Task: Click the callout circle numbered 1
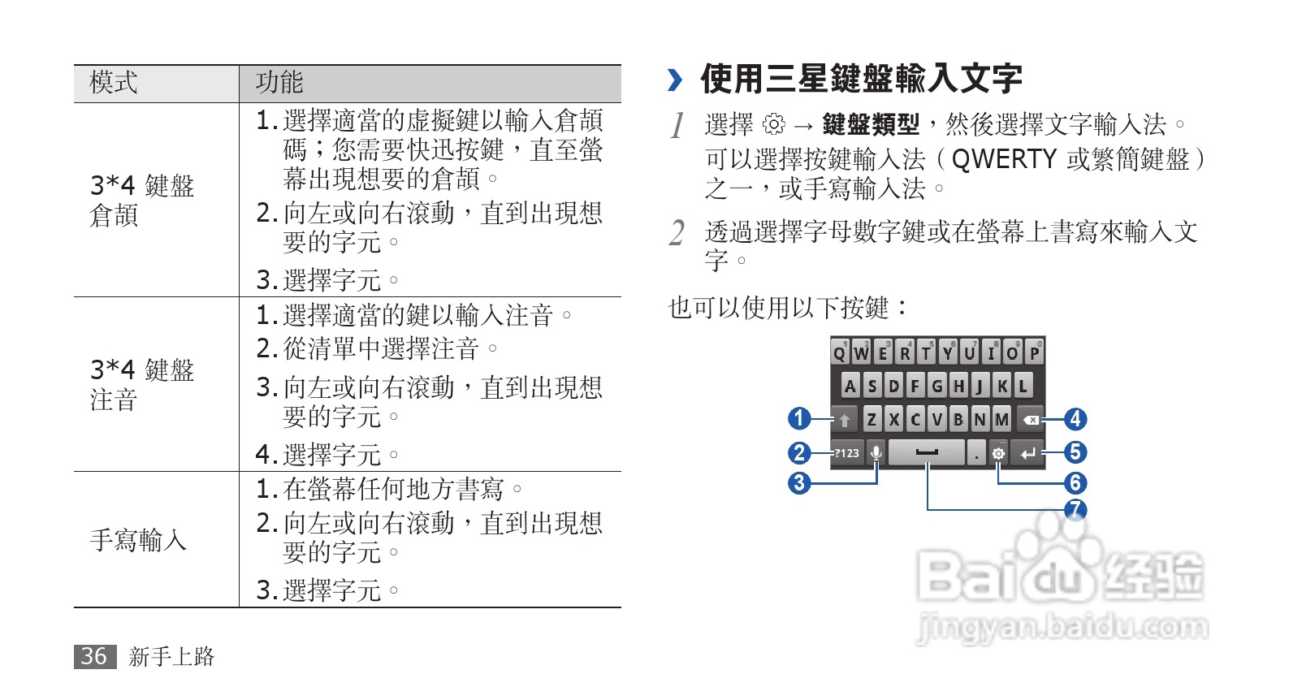(799, 418)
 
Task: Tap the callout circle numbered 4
(1075, 419)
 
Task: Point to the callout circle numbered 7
(1075, 510)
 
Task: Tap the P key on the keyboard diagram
(1034, 353)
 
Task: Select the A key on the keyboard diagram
(850, 386)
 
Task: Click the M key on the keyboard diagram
(1001, 419)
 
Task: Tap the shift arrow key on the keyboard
(845, 420)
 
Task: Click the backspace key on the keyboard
(1031, 420)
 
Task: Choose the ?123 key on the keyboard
(847, 453)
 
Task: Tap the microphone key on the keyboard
(876, 452)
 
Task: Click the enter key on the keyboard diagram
(1028, 453)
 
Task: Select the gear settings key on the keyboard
(998, 453)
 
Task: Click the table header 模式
(114, 83)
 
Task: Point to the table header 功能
(279, 83)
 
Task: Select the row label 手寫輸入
(138, 540)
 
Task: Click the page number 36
(94, 656)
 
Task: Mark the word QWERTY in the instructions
(1004, 159)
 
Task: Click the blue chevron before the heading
(675, 80)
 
